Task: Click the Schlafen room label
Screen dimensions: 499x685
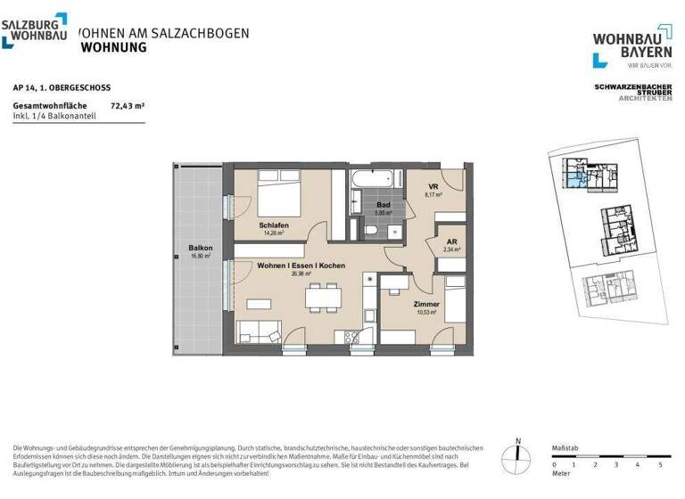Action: [274, 225]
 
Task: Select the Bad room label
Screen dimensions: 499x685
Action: [383, 204]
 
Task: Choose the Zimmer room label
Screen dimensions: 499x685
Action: [428, 305]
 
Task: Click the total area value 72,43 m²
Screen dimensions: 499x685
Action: [127, 105]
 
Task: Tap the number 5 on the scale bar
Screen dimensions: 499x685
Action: [660, 465]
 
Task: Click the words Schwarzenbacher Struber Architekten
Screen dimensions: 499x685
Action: [633, 92]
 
